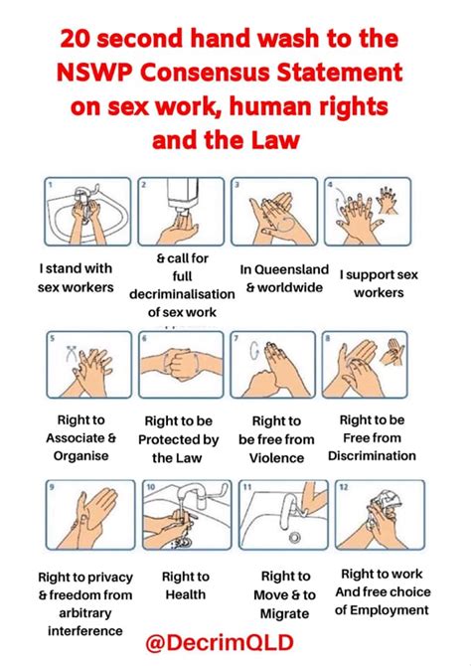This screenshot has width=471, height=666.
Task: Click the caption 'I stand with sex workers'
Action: [x=77, y=278]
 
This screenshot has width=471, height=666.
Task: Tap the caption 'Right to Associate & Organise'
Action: [x=80, y=437]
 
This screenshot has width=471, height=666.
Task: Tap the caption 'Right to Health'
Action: [x=186, y=584]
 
